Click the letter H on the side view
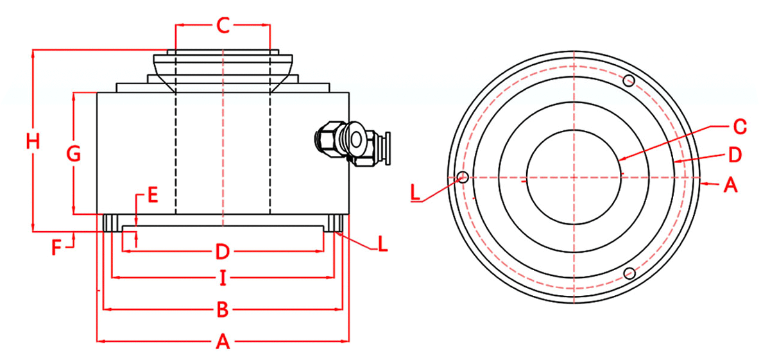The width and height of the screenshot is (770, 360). coord(33,141)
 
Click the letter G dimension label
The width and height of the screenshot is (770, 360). coord(74,153)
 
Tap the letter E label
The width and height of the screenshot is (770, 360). coord(153,194)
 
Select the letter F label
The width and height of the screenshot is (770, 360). coord(56,248)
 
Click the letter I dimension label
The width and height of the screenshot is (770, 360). coord(223,278)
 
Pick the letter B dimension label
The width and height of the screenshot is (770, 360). coord(223,309)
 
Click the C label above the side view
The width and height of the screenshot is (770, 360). coord(223,25)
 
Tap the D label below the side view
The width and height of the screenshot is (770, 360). coord(223,252)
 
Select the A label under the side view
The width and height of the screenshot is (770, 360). coord(223,341)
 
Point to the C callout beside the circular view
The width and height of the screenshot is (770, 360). coord(740,126)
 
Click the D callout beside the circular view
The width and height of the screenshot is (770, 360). coord(735,155)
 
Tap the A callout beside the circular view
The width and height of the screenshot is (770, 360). coord(730,185)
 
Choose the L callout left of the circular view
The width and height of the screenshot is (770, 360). coord(415,193)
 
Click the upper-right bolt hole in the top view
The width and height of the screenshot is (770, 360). coord(629,81)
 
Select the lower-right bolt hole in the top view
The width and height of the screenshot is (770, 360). coord(629,273)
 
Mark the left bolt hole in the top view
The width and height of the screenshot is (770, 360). coord(463,177)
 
